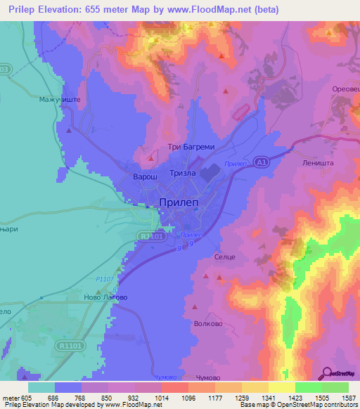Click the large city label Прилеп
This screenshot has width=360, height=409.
(x=179, y=202)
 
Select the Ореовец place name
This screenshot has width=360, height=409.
(x=345, y=89)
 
